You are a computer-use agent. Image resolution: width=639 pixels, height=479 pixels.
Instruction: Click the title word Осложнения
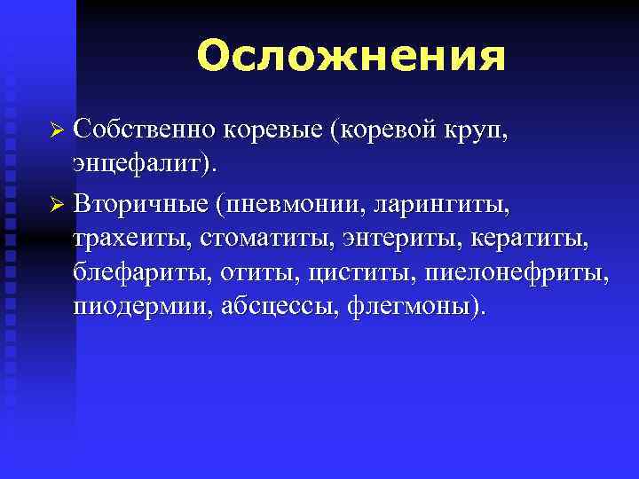pos(351,56)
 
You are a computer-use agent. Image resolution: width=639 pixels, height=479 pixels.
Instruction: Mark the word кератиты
pos(542,238)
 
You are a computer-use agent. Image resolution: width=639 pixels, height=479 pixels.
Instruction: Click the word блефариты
pos(141,273)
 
